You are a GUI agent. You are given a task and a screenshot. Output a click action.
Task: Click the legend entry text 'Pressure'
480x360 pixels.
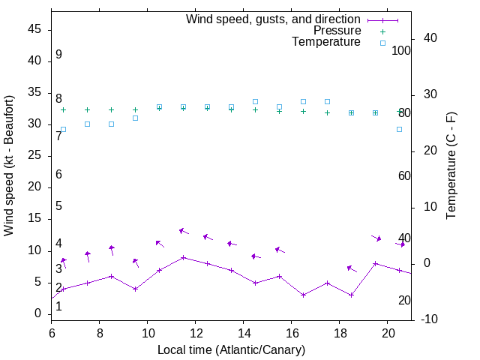(336, 31)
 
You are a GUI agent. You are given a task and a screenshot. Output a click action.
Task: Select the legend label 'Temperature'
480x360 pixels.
(326, 43)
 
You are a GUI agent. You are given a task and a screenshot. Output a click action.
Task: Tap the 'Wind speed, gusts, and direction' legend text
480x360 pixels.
(273, 19)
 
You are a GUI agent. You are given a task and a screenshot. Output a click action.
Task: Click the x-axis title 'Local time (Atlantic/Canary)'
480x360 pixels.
(231, 349)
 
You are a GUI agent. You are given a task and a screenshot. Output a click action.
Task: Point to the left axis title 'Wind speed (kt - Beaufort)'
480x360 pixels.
(9, 165)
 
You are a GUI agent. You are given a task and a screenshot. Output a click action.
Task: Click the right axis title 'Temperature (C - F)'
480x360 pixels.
(451, 165)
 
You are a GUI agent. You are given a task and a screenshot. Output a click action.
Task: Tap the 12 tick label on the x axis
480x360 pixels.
(196, 331)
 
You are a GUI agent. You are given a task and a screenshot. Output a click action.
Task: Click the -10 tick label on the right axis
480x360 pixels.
(430, 319)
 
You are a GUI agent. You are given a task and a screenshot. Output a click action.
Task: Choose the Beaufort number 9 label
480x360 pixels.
(58, 55)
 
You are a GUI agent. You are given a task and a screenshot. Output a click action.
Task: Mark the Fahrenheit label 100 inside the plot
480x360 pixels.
(402, 50)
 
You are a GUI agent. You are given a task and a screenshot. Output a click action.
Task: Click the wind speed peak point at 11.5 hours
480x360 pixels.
(183, 257)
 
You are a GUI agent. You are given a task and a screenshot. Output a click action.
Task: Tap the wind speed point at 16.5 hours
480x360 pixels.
(303, 295)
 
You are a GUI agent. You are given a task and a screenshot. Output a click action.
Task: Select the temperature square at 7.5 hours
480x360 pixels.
(87, 124)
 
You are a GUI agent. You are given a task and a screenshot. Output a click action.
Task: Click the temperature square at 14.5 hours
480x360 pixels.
(255, 101)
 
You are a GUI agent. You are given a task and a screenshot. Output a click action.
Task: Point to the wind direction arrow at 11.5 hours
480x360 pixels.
(183, 231)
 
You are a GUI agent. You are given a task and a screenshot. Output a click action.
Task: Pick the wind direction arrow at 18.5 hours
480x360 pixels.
(351, 268)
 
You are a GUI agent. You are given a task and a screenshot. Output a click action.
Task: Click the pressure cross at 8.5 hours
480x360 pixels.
(111, 109)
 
